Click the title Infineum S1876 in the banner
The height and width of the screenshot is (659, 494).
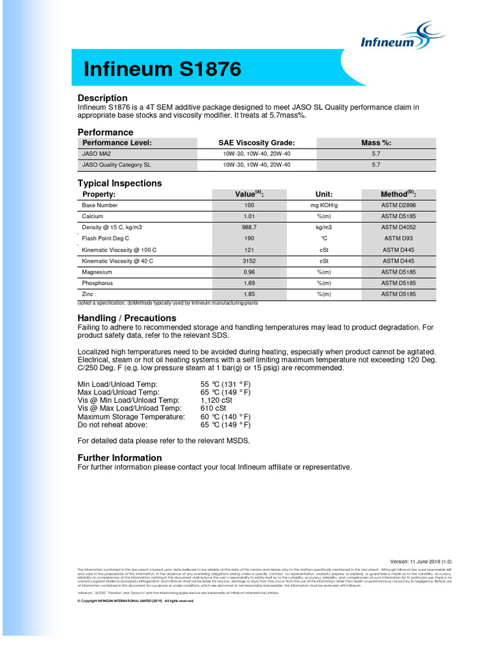163,69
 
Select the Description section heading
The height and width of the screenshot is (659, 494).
103,98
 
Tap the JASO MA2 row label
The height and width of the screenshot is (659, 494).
96,154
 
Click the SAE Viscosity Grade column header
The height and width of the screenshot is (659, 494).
257,143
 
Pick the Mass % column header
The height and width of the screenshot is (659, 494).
376,143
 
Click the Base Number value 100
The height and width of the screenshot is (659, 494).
250,205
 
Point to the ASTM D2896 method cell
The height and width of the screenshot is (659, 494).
399,205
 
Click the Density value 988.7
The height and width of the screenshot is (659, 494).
250,228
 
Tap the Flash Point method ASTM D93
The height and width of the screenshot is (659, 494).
399,238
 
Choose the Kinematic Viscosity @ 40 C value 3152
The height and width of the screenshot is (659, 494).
250,261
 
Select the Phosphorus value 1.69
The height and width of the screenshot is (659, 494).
250,283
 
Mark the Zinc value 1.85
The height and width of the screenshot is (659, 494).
250,294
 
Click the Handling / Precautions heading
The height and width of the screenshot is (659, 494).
127,318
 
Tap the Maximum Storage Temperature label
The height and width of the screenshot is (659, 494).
131,417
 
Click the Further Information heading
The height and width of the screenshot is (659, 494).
120,458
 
